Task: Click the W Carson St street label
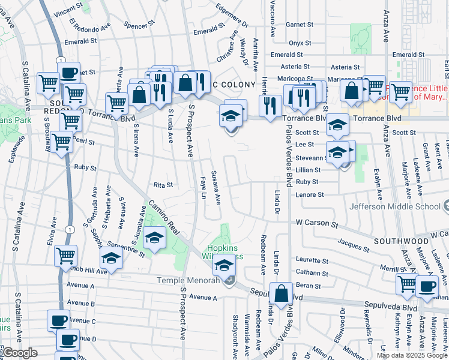[x=316, y=223]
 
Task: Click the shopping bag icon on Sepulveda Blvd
[x=282, y=294]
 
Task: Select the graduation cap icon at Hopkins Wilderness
[x=224, y=264]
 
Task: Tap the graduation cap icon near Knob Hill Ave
[x=111, y=259]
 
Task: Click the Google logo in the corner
[x=19, y=353]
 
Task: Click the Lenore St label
[x=310, y=195]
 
